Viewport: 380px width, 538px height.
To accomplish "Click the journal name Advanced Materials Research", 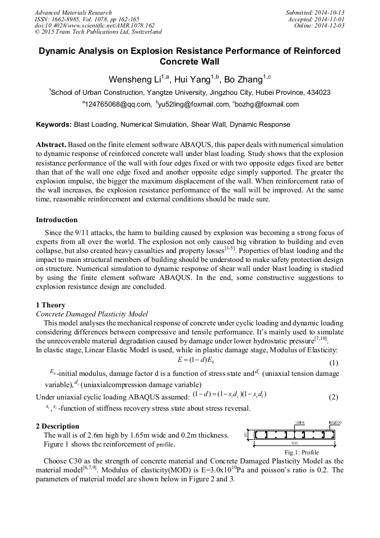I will pos(73,12).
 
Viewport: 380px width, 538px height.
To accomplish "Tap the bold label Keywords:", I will pos(54,124).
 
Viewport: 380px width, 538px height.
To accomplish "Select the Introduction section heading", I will pos(57,220).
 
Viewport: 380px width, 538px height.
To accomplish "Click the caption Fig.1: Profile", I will pos(302,452).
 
